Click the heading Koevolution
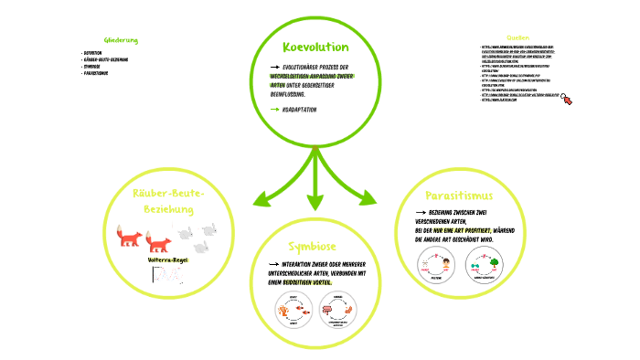tap(315, 47)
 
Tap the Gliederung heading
tap(121, 40)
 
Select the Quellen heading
tap(517, 37)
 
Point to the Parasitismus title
tap(459, 196)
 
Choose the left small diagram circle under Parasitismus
tap(435, 266)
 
